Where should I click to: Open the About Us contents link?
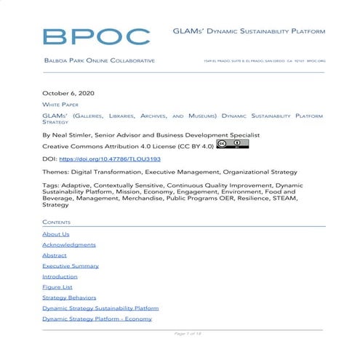[56, 234]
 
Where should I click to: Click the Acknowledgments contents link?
[69, 245]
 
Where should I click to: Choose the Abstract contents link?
[55, 255]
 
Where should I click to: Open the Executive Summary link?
[71, 266]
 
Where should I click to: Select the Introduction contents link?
[60, 276]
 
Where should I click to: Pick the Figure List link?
[57, 287]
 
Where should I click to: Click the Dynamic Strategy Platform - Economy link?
[97, 319]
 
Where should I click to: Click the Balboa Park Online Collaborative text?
[99, 60]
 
